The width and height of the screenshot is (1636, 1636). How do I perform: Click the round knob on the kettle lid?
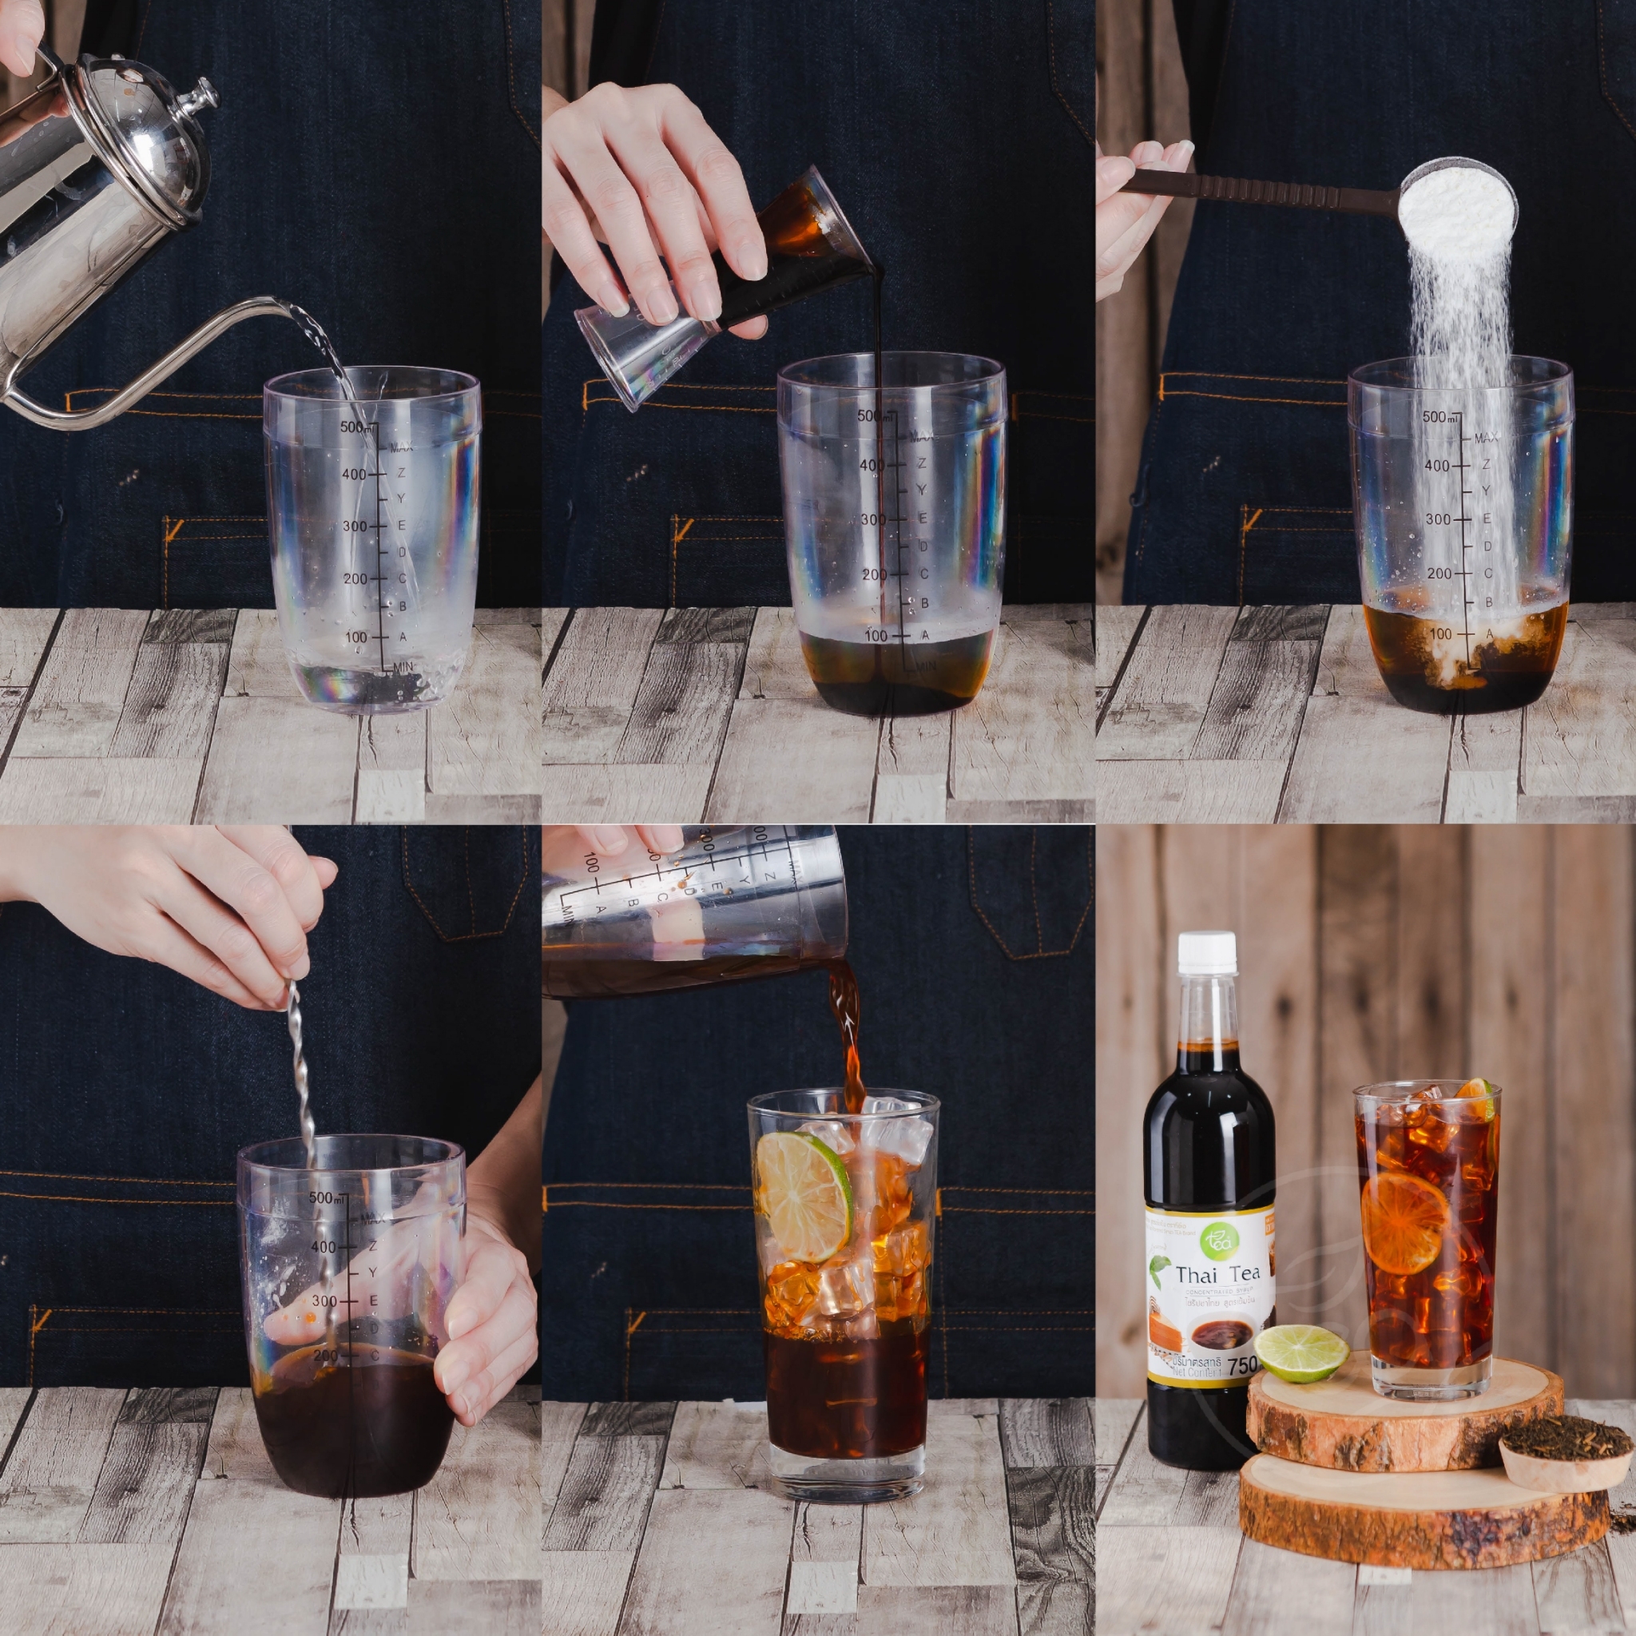coord(203,95)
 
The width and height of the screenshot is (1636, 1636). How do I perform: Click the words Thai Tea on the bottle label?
coord(1217,1273)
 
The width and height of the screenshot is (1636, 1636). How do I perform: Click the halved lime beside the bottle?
coord(1300,1352)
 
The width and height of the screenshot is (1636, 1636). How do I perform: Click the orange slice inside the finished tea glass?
coord(1405,1222)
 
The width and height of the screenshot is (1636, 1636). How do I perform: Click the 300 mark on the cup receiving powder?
coord(1438,519)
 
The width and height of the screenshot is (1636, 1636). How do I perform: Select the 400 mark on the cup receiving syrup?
coord(872,465)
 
